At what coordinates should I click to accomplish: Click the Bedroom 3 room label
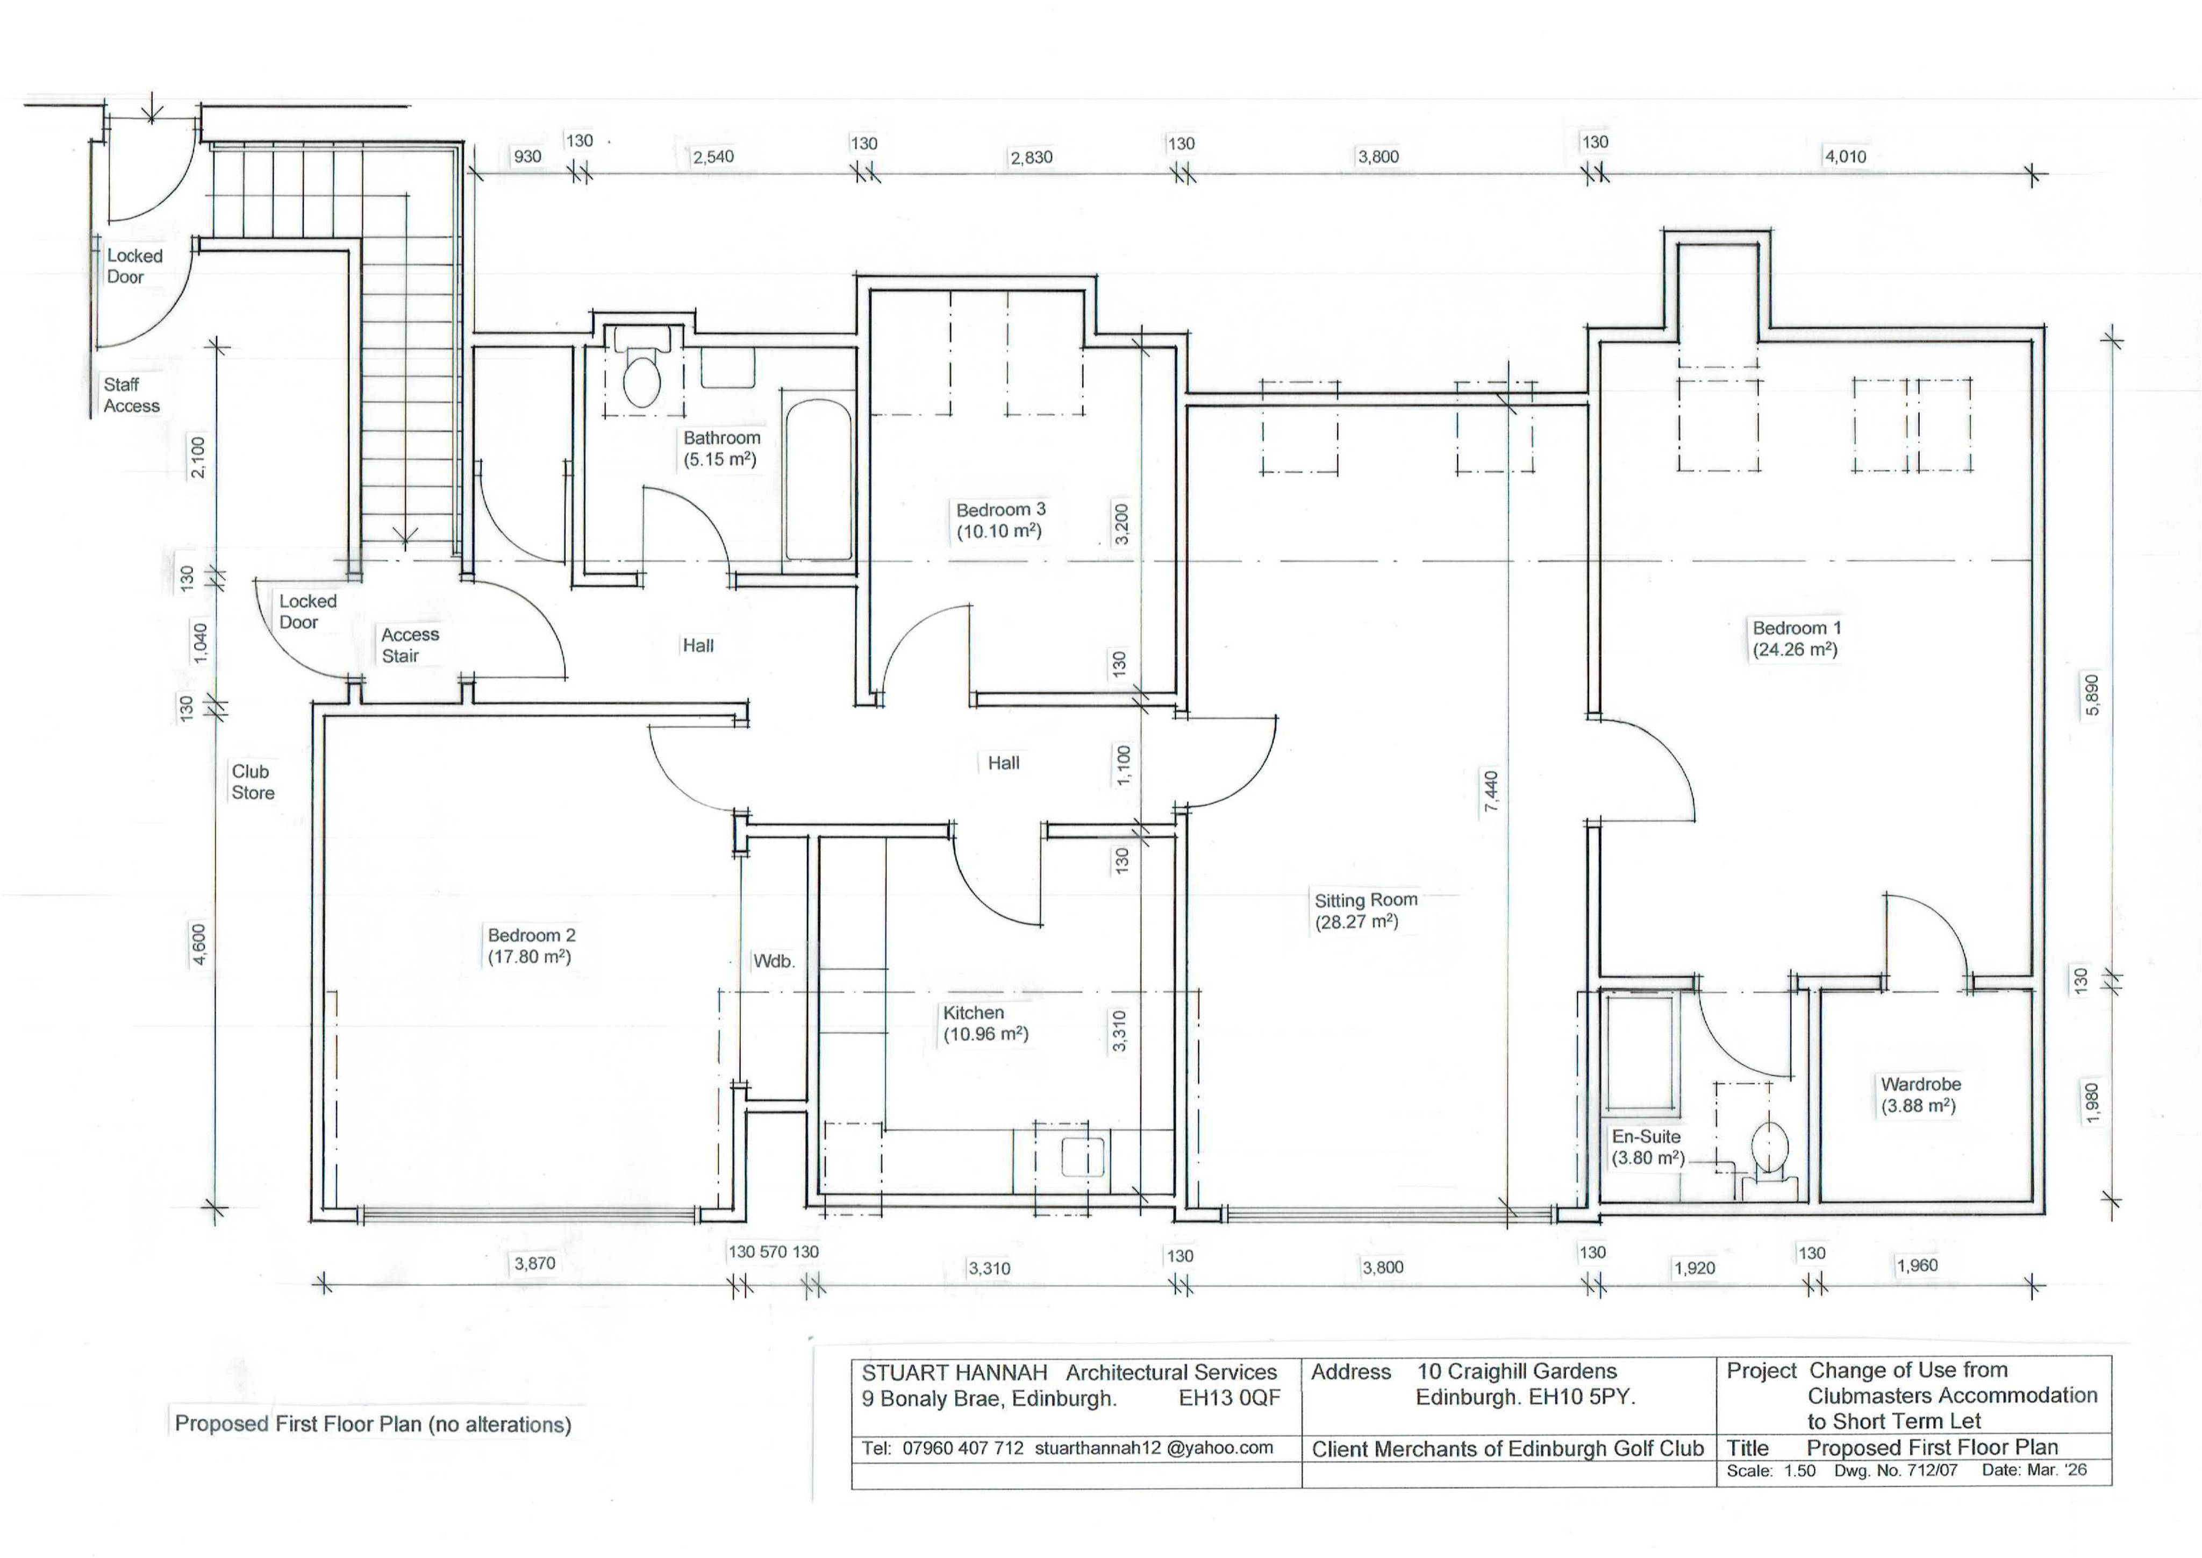point(1000,509)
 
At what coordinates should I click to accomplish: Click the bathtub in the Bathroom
point(818,480)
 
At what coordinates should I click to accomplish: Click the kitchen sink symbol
point(1085,1156)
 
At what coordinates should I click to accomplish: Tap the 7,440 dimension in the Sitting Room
point(1490,792)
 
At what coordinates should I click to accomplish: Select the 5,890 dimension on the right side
point(2092,695)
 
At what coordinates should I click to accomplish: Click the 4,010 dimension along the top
point(1845,156)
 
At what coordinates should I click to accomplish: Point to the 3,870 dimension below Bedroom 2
point(534,1263)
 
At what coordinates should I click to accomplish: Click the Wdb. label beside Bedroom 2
point(774,961)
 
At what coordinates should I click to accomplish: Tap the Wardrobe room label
point(1921,1084)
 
